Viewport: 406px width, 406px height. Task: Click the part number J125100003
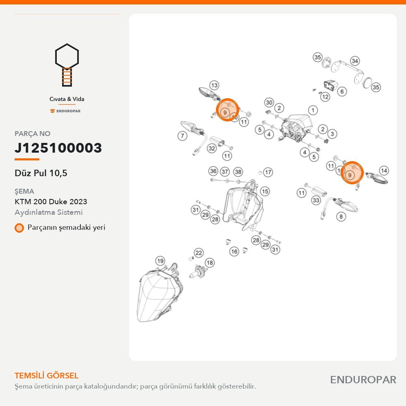58,148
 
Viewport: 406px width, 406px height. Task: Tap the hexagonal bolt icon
67,65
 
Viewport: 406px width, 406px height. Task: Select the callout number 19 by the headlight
160,261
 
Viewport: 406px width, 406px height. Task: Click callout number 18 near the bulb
210,263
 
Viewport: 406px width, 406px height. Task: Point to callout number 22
199,253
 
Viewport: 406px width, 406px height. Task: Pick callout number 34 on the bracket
355,61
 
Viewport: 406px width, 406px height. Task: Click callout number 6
342,91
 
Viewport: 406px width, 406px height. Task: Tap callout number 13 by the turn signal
214,85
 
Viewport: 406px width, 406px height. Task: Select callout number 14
384,171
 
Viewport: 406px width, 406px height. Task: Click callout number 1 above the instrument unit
313,110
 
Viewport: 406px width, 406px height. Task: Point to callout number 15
265,191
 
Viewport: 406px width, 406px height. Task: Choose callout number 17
268,172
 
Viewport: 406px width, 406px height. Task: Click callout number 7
182,136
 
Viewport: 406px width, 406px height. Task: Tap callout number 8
341,216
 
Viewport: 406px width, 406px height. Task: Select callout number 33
316,200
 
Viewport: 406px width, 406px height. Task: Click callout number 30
269,103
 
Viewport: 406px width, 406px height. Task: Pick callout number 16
234,251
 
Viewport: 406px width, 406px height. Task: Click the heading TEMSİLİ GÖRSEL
46,376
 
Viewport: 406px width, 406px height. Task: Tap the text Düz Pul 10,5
41,173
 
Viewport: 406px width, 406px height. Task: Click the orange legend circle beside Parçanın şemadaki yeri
19,228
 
